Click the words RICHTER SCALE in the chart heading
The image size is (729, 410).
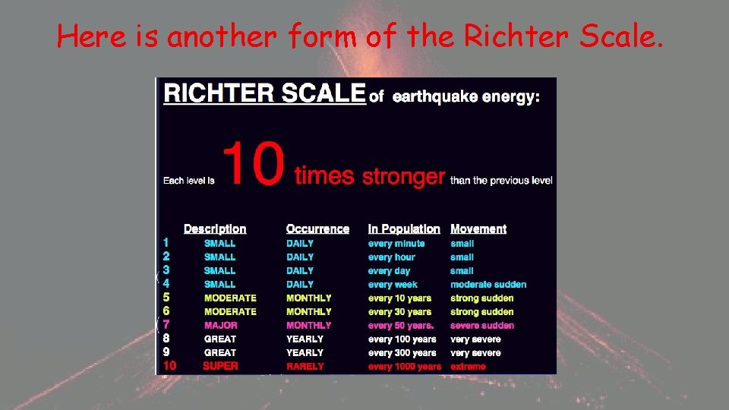point(264,93)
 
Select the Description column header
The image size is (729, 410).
point(215,229)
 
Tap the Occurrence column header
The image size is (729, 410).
point(317,229)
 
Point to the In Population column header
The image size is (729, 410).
point(404,229)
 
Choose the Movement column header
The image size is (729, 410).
point(478,229)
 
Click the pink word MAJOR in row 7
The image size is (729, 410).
point(221,325)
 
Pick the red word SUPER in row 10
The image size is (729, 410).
point(220,366)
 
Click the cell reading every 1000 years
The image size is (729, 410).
point(404,367)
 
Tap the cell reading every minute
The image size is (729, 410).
point(396,244)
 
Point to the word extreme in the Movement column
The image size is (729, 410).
point(468,367)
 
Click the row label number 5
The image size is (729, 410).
point(166,298)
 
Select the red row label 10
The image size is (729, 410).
point(169,366)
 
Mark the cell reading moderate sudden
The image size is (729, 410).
point(488,285)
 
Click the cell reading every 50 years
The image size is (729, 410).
point(401,326)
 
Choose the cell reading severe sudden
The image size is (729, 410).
point(482,326)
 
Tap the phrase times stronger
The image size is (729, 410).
point(369,176)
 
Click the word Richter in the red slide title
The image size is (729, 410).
point(516,36)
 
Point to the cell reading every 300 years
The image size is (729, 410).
point(402,353)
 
